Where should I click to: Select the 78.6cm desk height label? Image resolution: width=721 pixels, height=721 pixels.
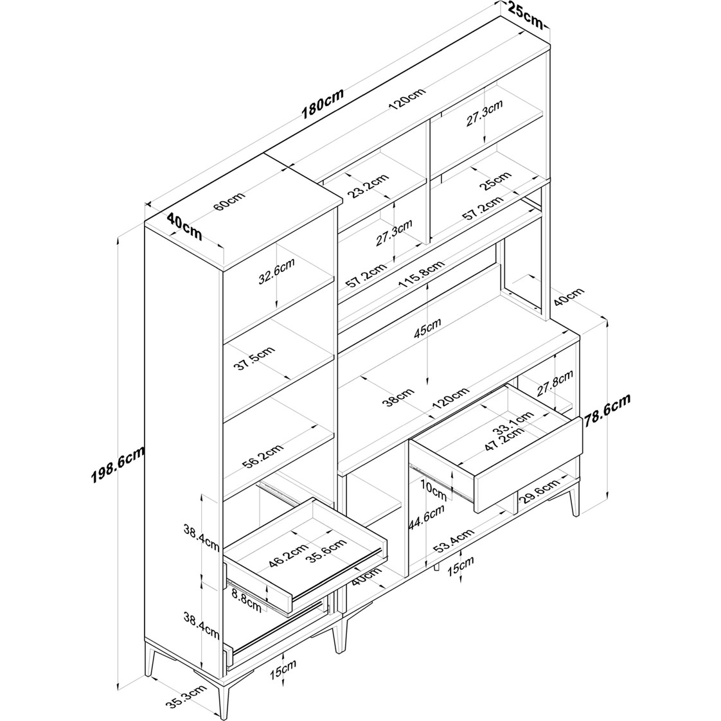pos(608,411)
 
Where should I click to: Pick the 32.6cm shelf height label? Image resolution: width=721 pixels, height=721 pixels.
pos(276,272)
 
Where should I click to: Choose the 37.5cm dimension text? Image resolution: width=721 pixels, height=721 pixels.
pos(254,359)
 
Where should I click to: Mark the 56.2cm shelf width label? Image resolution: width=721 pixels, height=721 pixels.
pos(263,456)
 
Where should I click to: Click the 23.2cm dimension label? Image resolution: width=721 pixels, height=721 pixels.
pos(368,185)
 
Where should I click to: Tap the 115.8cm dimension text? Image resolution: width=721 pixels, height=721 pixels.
pos(422,274)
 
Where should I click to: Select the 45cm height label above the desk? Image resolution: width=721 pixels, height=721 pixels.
pos(427,327)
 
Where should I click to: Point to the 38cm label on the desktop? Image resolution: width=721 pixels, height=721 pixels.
pos(398,398)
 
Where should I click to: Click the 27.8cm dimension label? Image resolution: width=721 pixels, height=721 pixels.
pos(555,382)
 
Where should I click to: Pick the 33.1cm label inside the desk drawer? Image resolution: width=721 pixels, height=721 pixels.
pos(513,423)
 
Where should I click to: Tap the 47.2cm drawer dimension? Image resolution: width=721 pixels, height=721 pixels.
pos(504,440)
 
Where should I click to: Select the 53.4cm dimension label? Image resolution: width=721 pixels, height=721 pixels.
pos(454,541)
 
